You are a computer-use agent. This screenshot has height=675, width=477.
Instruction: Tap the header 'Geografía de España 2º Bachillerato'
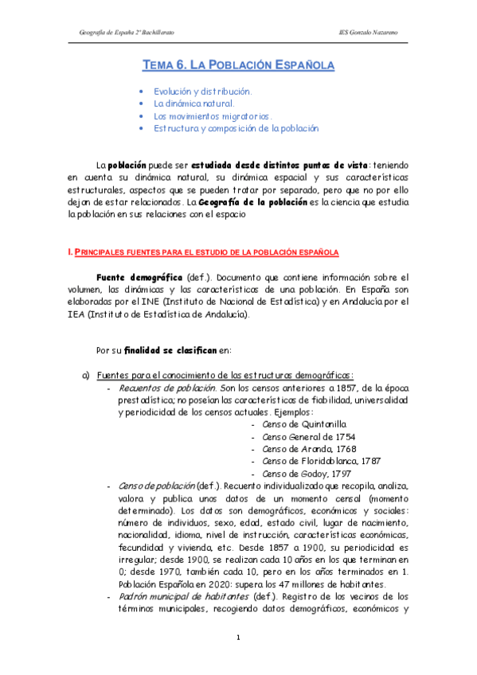(127, 31)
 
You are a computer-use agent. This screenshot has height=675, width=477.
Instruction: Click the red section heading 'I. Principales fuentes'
(204, 252)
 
